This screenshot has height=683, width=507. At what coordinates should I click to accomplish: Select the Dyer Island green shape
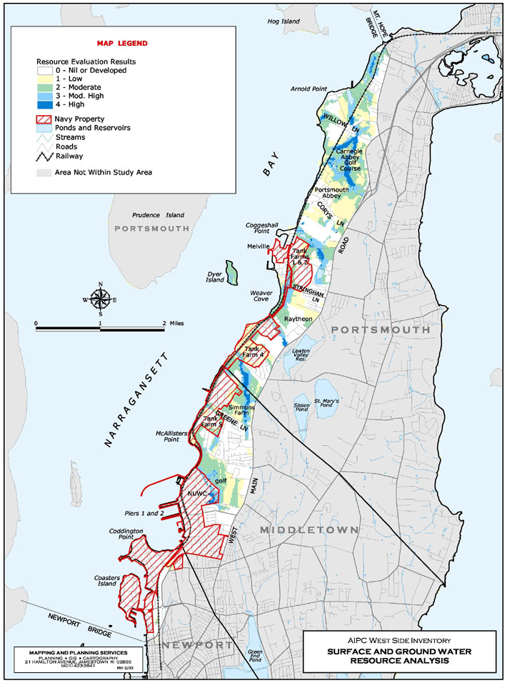click(231, 272)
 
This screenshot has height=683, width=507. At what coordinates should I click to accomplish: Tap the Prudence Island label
click(159, 215)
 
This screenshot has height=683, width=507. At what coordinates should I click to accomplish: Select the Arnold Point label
click(308, 89)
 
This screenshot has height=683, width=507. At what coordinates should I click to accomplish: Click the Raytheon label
click(299, 319)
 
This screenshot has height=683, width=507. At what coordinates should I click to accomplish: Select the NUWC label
click(197, 494)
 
